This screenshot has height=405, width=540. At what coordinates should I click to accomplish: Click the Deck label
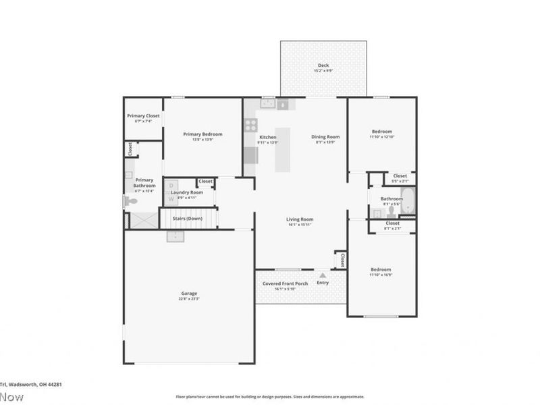tap(323, 65)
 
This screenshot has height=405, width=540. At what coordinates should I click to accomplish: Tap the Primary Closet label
tap(143, 115)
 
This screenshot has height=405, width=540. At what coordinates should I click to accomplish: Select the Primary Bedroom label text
tap(202, 134)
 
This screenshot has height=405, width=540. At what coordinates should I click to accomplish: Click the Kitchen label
tap(268, 137)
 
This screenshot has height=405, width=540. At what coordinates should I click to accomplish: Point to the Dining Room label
tap(325, 137)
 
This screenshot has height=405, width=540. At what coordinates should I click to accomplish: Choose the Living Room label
tap(300, 219)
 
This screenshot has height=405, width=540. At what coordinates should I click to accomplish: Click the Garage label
tap(189, 293)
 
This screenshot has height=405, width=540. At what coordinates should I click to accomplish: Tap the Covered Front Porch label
tap(285, 283)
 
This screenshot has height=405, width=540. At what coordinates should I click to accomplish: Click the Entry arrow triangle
tap(323, 275)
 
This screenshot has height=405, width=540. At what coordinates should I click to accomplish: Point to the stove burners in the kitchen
tap(250, 124)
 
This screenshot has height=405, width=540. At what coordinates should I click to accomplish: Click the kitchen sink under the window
tap(267, 104)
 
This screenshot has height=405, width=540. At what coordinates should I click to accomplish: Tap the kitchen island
tap(283, 149)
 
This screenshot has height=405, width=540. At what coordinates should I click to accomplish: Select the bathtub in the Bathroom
tap(408, 200)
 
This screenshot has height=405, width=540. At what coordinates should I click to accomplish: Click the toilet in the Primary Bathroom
tap(130, 201)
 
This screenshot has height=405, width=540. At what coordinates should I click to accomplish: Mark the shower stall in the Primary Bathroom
tap(140, 220)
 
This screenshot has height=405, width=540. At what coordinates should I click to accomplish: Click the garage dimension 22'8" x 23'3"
tap(189, 298)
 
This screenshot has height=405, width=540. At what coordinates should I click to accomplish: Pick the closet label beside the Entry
tap(342, 260)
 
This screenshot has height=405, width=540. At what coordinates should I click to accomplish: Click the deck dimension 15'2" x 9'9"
tap(323, 71)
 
